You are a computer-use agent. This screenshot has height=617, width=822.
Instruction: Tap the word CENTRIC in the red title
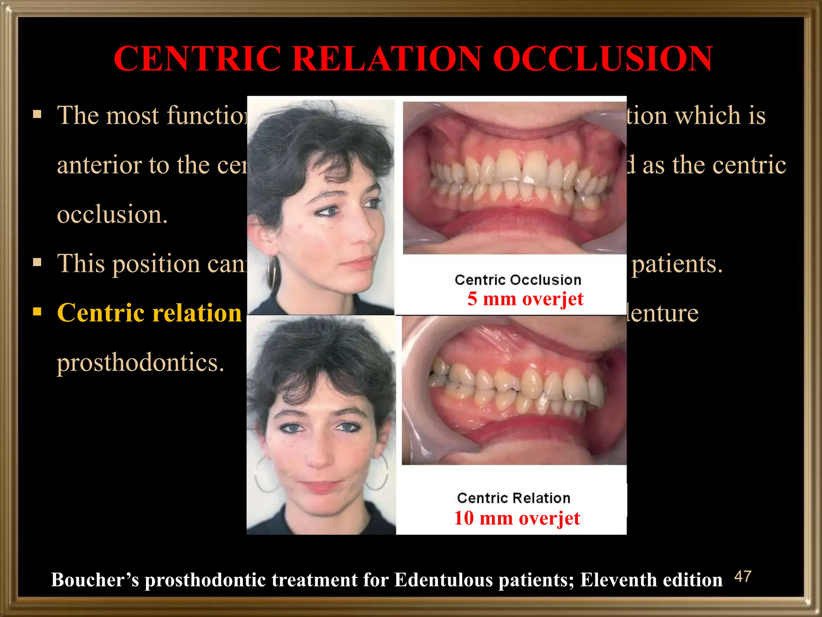click(x=197, y=59)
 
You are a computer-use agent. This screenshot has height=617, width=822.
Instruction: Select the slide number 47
click(x=742, y=577)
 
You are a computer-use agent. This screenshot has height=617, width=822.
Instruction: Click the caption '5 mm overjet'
click(x=525, y=299)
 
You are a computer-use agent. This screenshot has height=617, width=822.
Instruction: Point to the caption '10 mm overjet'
click(x=517, y=518)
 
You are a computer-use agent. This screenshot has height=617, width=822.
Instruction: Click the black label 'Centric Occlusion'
click(x=518, y=280)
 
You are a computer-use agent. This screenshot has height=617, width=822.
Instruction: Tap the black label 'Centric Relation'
click(x=513, y=498)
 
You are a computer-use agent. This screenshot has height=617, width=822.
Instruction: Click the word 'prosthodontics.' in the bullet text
click(x=140, y=363)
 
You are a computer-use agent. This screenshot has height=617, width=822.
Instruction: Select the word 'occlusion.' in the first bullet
click(x=112, y=215)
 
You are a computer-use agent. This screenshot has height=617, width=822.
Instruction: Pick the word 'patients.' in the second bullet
click(x=677, y=264)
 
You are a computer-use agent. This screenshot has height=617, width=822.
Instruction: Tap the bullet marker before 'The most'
click(x=37, y=115)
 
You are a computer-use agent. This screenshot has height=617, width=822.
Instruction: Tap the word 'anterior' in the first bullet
click(x=100, y=165)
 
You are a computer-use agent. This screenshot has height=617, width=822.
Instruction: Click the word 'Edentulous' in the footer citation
click(x=444, y=580)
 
